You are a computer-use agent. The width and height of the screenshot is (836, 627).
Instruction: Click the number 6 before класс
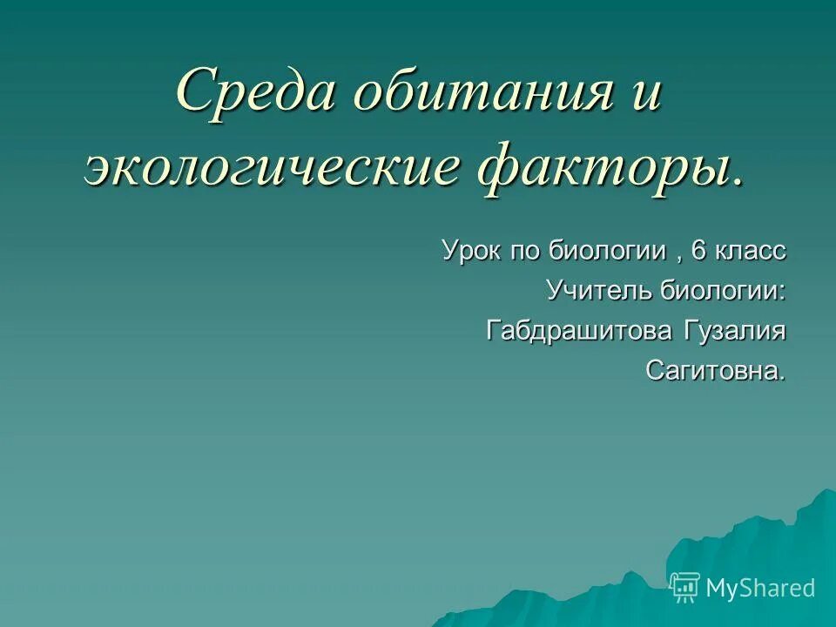pyautogui.click(x=698, y=251)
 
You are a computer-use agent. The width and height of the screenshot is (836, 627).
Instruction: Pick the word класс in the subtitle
pyautogui.click(x=751, y=251)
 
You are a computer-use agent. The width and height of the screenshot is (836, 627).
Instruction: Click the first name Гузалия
pyautogui.click(x=733, y=331)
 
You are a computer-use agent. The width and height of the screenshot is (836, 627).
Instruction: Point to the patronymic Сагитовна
pyautogui.click(x=715, y=372)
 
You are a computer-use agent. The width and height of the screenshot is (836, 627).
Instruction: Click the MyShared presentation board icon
pyautogui.click(x=685, y=588)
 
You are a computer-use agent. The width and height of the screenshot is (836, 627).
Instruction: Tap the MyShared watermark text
pyautogui.click(x=760, y=589)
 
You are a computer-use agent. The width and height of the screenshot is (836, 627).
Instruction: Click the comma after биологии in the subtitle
pyautogui.click(x=676, y=258)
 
